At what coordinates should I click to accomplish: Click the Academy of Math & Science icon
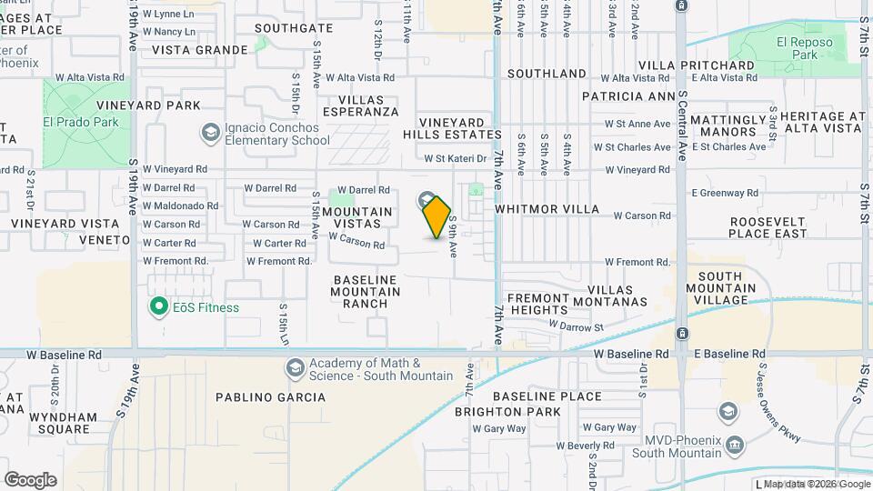tap(294, 368)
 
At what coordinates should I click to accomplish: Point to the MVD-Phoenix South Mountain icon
tap(734, 445)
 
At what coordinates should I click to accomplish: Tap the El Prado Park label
tap(81, 122)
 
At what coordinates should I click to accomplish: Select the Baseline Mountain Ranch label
tap(366, 292)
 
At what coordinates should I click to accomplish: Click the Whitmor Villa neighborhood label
tap(547, 209)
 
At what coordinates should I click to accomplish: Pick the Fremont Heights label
tap(537, 304)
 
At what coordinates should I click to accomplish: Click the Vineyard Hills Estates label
tap(452, 128)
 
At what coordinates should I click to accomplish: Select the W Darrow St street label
tap(576, 326)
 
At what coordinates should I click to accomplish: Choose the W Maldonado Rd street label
tap(181, 205)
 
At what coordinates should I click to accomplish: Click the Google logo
tap(30, 480)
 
